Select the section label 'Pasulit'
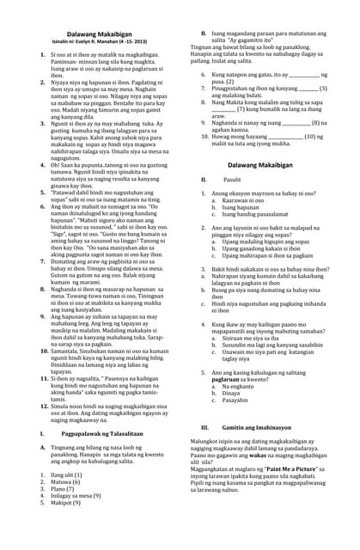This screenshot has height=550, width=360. [232, 179]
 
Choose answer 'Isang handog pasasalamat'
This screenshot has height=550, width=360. [259, 211]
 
